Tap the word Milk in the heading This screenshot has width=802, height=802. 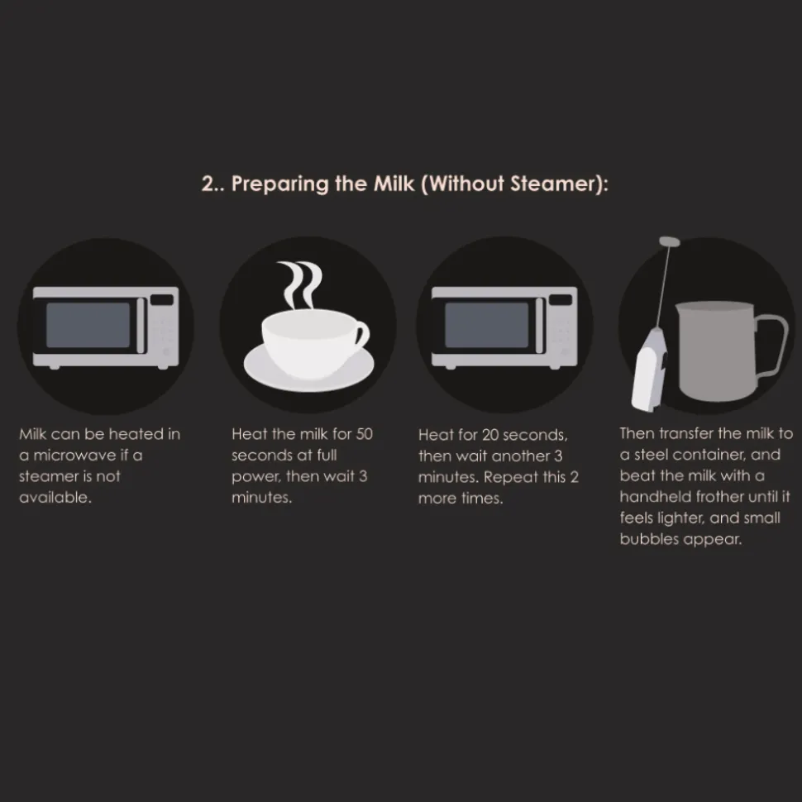[x=394, y=184]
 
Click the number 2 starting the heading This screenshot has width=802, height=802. [x=208, y=184]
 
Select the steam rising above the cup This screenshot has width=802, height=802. [x=300, y=285]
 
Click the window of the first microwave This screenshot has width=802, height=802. [x=88, y=325]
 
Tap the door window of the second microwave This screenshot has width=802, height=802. [x=486, y=325]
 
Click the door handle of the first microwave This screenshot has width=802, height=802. [x=141, y=325]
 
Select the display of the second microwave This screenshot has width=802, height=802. [x=561, y=300]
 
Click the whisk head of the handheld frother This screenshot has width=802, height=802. [x=670, y=241]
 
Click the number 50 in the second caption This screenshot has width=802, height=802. [x=364, y=434]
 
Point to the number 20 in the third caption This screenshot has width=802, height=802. [x=490, y=435]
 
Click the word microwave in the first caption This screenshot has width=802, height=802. [x=74, y=456]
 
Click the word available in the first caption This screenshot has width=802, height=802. [x=55, y=497]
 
